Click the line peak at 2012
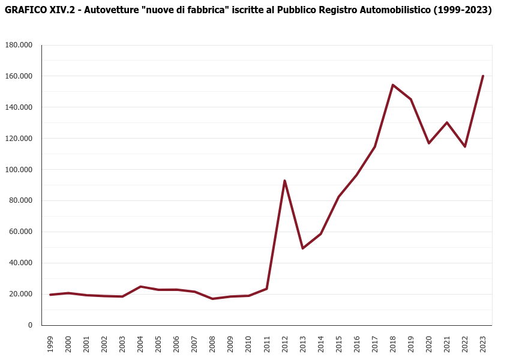click(284, 181)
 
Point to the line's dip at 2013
click(302, 248)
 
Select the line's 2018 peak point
click(393, 85)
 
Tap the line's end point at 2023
click(483, 76)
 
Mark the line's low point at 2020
click(429, 143)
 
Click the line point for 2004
click(140, 286)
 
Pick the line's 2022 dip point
click(465, 146)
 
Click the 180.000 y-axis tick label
click(19, 45)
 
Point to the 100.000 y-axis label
click(19, 169)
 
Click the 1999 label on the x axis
click(50, 344)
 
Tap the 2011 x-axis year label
click(266, 344)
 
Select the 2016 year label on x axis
click(357, 344)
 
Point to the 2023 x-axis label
click(483, 344)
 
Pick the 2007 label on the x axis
click(194, 344)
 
